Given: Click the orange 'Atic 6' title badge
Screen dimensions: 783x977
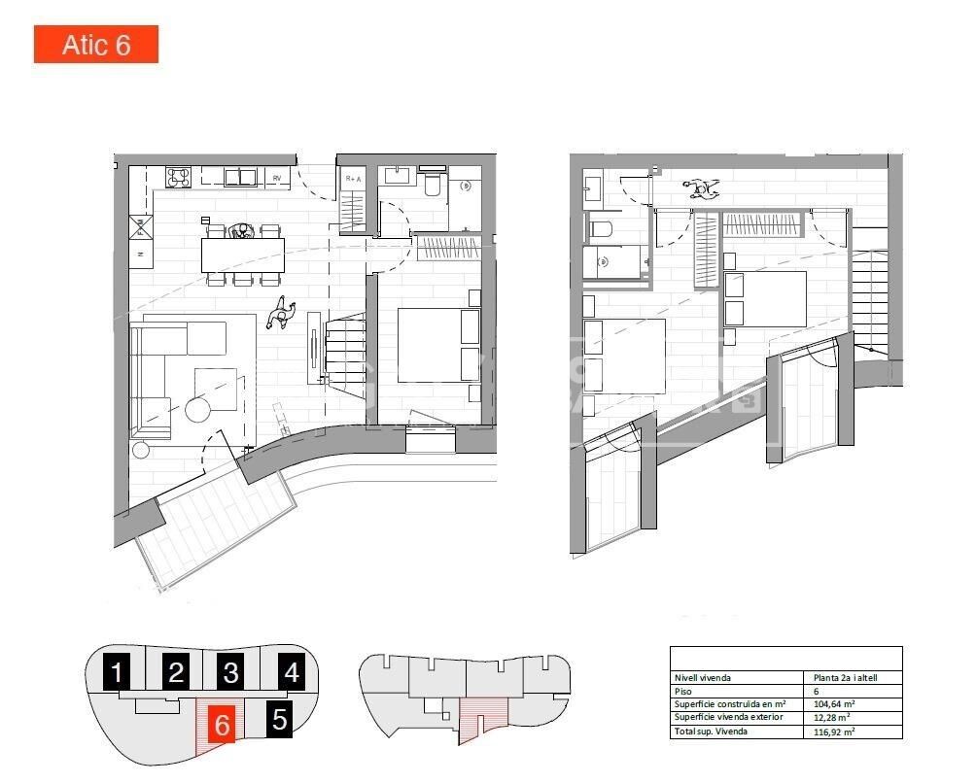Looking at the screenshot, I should (96, 45).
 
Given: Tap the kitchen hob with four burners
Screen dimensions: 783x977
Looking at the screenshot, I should (179, 177).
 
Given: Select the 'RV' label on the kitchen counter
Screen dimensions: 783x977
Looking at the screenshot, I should (277, 178).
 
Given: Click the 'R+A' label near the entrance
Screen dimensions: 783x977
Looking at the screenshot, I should (352, 179).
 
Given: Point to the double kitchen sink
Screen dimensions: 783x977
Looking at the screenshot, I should (239, 177).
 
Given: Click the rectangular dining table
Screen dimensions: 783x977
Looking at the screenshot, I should (242, 255).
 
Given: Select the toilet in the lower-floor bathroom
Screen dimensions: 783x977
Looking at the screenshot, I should (434, 184).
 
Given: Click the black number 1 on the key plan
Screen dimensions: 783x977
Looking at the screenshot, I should (118, 672).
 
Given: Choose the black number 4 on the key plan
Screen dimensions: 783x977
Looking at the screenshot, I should (292, 671).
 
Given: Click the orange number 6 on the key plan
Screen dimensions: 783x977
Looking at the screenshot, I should (222, 724).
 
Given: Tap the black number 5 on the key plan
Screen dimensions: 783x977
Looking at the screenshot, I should (280, 720).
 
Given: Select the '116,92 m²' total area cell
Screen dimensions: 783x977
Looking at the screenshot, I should (834, 732).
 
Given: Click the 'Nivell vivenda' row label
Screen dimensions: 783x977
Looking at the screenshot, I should (703, 677).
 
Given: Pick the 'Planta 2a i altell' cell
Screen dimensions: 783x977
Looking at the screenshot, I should (845, 677).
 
